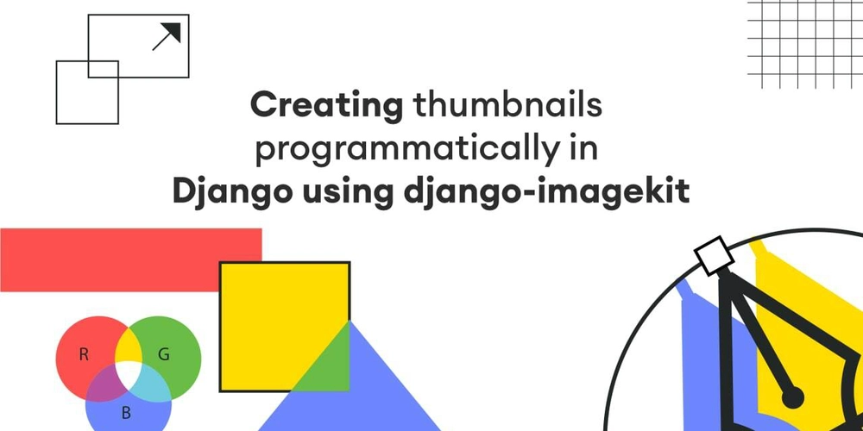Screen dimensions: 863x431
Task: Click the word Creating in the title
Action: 327,105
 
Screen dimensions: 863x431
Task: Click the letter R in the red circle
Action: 84,354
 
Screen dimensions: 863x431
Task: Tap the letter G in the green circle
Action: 163,354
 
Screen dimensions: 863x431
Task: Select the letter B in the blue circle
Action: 126,413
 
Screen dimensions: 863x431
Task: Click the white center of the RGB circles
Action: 129,373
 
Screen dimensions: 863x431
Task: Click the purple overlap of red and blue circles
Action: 104,384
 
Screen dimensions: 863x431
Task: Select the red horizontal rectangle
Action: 131,260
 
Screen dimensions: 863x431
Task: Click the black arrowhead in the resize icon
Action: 172,32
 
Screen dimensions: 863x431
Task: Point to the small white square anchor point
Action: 714,256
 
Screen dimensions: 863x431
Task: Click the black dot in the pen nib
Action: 793,397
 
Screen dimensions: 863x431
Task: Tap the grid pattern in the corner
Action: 805,44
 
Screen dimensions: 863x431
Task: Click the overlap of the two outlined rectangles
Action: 104,69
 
